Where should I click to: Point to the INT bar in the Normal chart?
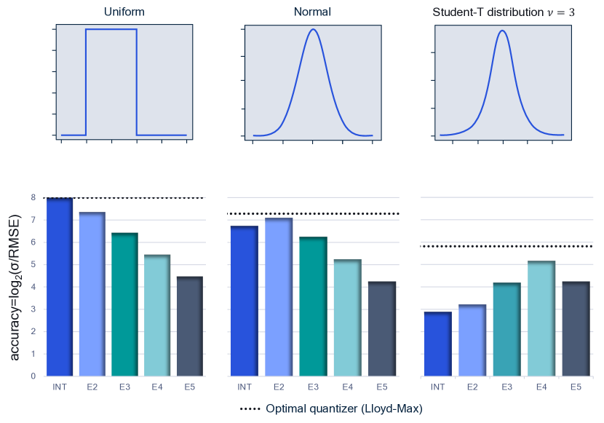pyautogui.click(x=245, y=301)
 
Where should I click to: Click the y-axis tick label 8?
pyautogui.click(x=33, y=197)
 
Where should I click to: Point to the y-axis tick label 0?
pyautogui.click(x=33, y=376)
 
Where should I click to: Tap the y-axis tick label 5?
pyautogui.click(x=33, y=264)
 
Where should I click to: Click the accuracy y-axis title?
pyautogui.click(x=15, y=287)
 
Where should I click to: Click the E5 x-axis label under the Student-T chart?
pyautogui.click(x=576, y=387)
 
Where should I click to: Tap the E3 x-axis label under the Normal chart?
pyautogui.click(x=313, y=387)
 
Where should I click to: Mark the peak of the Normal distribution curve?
pyautogui.click(x=313, y=29)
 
